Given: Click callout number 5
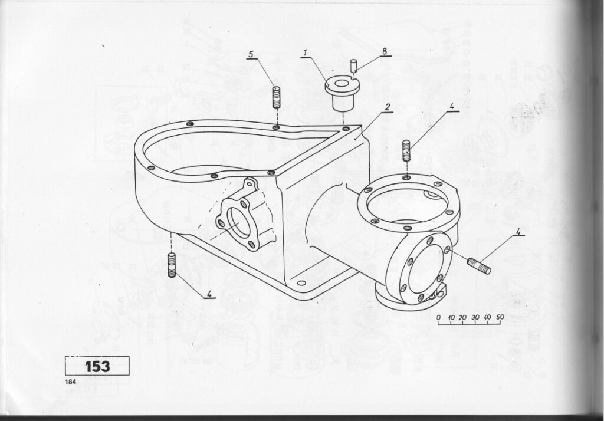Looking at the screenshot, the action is (251, 54).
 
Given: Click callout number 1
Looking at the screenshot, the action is (305, 52).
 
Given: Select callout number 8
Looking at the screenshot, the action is (384, 51).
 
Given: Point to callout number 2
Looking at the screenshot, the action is (388, 107).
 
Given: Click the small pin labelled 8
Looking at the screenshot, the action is (354, 65).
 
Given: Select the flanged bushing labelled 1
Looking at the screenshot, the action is (339, 94).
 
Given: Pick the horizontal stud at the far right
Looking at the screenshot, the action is (479, 266).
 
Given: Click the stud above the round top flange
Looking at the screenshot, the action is (406, 151).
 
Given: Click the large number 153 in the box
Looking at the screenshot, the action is (97, 366).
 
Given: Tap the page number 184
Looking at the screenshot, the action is (71, 382).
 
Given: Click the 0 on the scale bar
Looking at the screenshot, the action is (439, 317).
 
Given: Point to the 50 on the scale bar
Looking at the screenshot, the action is (500, 317).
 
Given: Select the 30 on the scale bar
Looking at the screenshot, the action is (475, 317).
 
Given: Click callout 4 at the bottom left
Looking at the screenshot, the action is (209, 294).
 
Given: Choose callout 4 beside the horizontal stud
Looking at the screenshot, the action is (518, 232).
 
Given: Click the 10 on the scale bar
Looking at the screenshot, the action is (451, 317).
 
